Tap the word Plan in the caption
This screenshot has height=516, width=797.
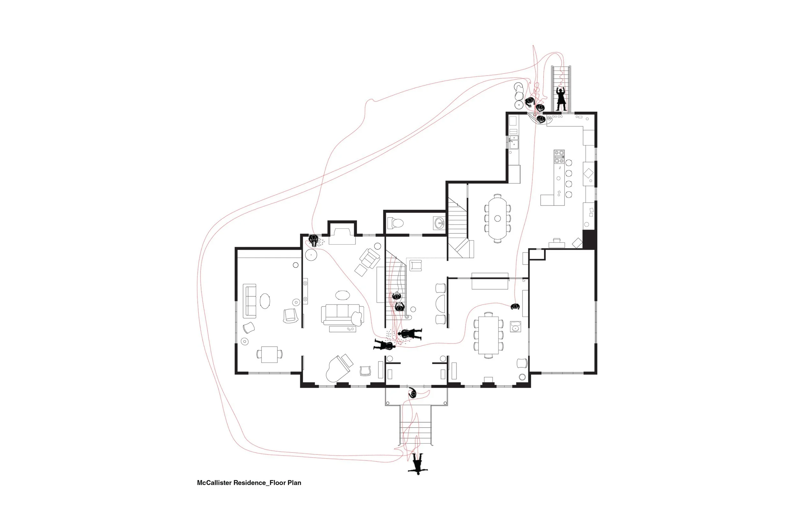(294, 483)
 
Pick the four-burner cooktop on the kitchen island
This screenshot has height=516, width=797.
(559, 157)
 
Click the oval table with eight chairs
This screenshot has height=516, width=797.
(497, 218)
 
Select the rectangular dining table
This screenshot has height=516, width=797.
(489, 335)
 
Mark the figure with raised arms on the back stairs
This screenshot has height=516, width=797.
(561, 100)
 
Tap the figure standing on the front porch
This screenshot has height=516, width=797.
(413, 392)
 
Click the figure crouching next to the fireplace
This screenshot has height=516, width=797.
(314, 240)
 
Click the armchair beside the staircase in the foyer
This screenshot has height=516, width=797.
(416, 265)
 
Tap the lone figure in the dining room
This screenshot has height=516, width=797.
(515, 306)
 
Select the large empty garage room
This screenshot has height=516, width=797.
(563, 315)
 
